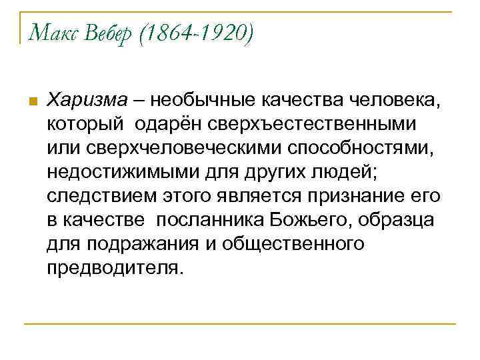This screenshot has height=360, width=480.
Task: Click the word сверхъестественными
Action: pyautogui.click(x=313, y=124)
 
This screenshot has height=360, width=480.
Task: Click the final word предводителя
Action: pyautogui.click(x=114, y=268)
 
